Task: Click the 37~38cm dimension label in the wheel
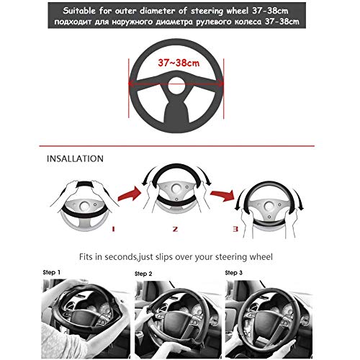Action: point(179,63)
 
